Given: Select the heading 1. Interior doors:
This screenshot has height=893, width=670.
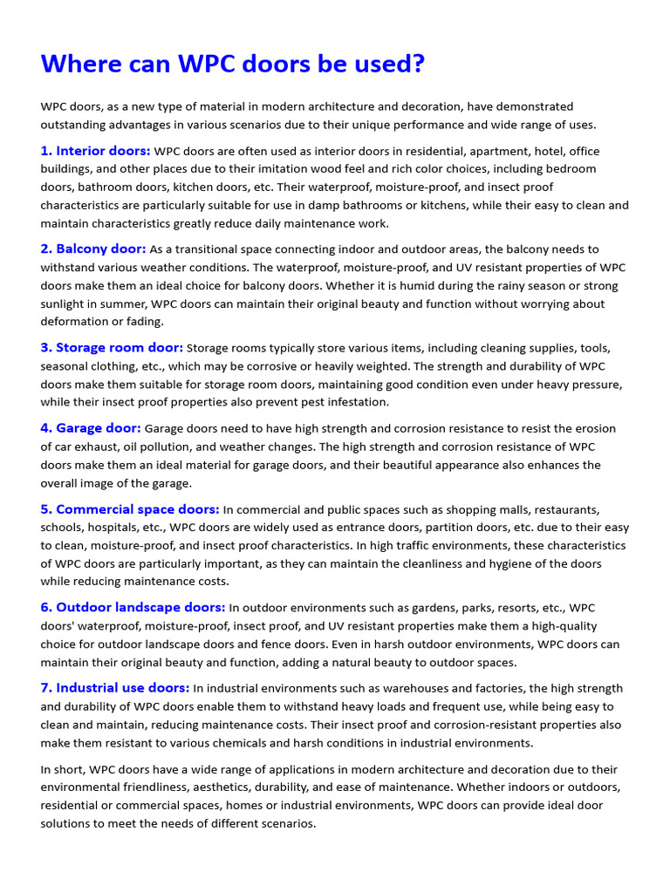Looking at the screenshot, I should click(95, 151).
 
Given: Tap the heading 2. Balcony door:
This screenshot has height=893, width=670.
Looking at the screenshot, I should click(93, 249).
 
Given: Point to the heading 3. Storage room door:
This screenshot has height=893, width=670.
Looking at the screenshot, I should click(112, 347).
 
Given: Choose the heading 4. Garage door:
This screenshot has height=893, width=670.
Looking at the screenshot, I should click(91, 428).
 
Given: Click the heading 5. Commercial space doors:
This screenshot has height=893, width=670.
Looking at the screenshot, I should click(130, 509).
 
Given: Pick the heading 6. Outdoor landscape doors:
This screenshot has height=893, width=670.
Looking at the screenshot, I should click(133, 607).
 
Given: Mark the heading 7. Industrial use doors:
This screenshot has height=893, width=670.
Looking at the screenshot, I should click(115, 688).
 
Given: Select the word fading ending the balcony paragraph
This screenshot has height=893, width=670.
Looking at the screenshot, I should click(132, 322).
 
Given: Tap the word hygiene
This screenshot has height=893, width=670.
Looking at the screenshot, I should click(515, 563).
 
